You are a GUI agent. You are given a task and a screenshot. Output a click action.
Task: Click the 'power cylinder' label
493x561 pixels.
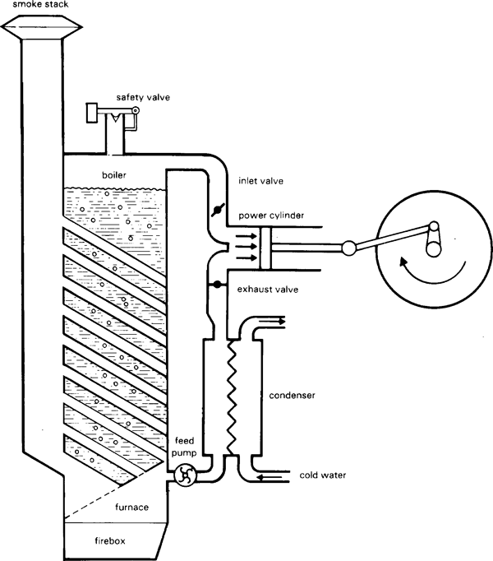[x=272, y=216]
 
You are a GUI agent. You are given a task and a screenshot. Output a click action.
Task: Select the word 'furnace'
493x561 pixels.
[x=131, y=507]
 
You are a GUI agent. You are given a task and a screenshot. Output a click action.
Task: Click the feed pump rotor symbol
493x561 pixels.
[x=185, y=475]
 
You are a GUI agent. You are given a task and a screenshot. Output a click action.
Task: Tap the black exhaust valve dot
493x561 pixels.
[x=217, y=285]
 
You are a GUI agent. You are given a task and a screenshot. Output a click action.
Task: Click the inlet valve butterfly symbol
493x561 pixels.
[x=218, y=211]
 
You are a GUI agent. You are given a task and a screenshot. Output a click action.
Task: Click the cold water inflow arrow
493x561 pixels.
[x=270, y=476]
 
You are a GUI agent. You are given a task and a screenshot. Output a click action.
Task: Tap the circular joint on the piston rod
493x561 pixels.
[x=348, y=246]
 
